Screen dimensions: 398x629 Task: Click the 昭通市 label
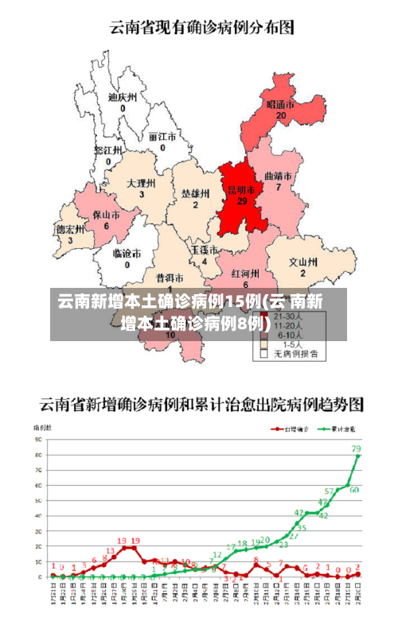tap(280, 104)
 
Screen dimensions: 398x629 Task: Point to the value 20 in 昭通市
tap(280, 115)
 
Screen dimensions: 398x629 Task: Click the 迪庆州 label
tap(123, 97)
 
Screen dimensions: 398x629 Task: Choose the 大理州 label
tap(141, 183)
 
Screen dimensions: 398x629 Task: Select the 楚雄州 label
tap(195, 193)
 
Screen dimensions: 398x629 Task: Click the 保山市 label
tap(106, 215)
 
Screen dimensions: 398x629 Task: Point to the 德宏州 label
tap(69, 229)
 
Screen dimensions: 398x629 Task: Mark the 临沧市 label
tap(127, 254)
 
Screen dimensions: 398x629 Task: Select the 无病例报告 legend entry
tap(295, 353)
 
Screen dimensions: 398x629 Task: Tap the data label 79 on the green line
tap(356, 448)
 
